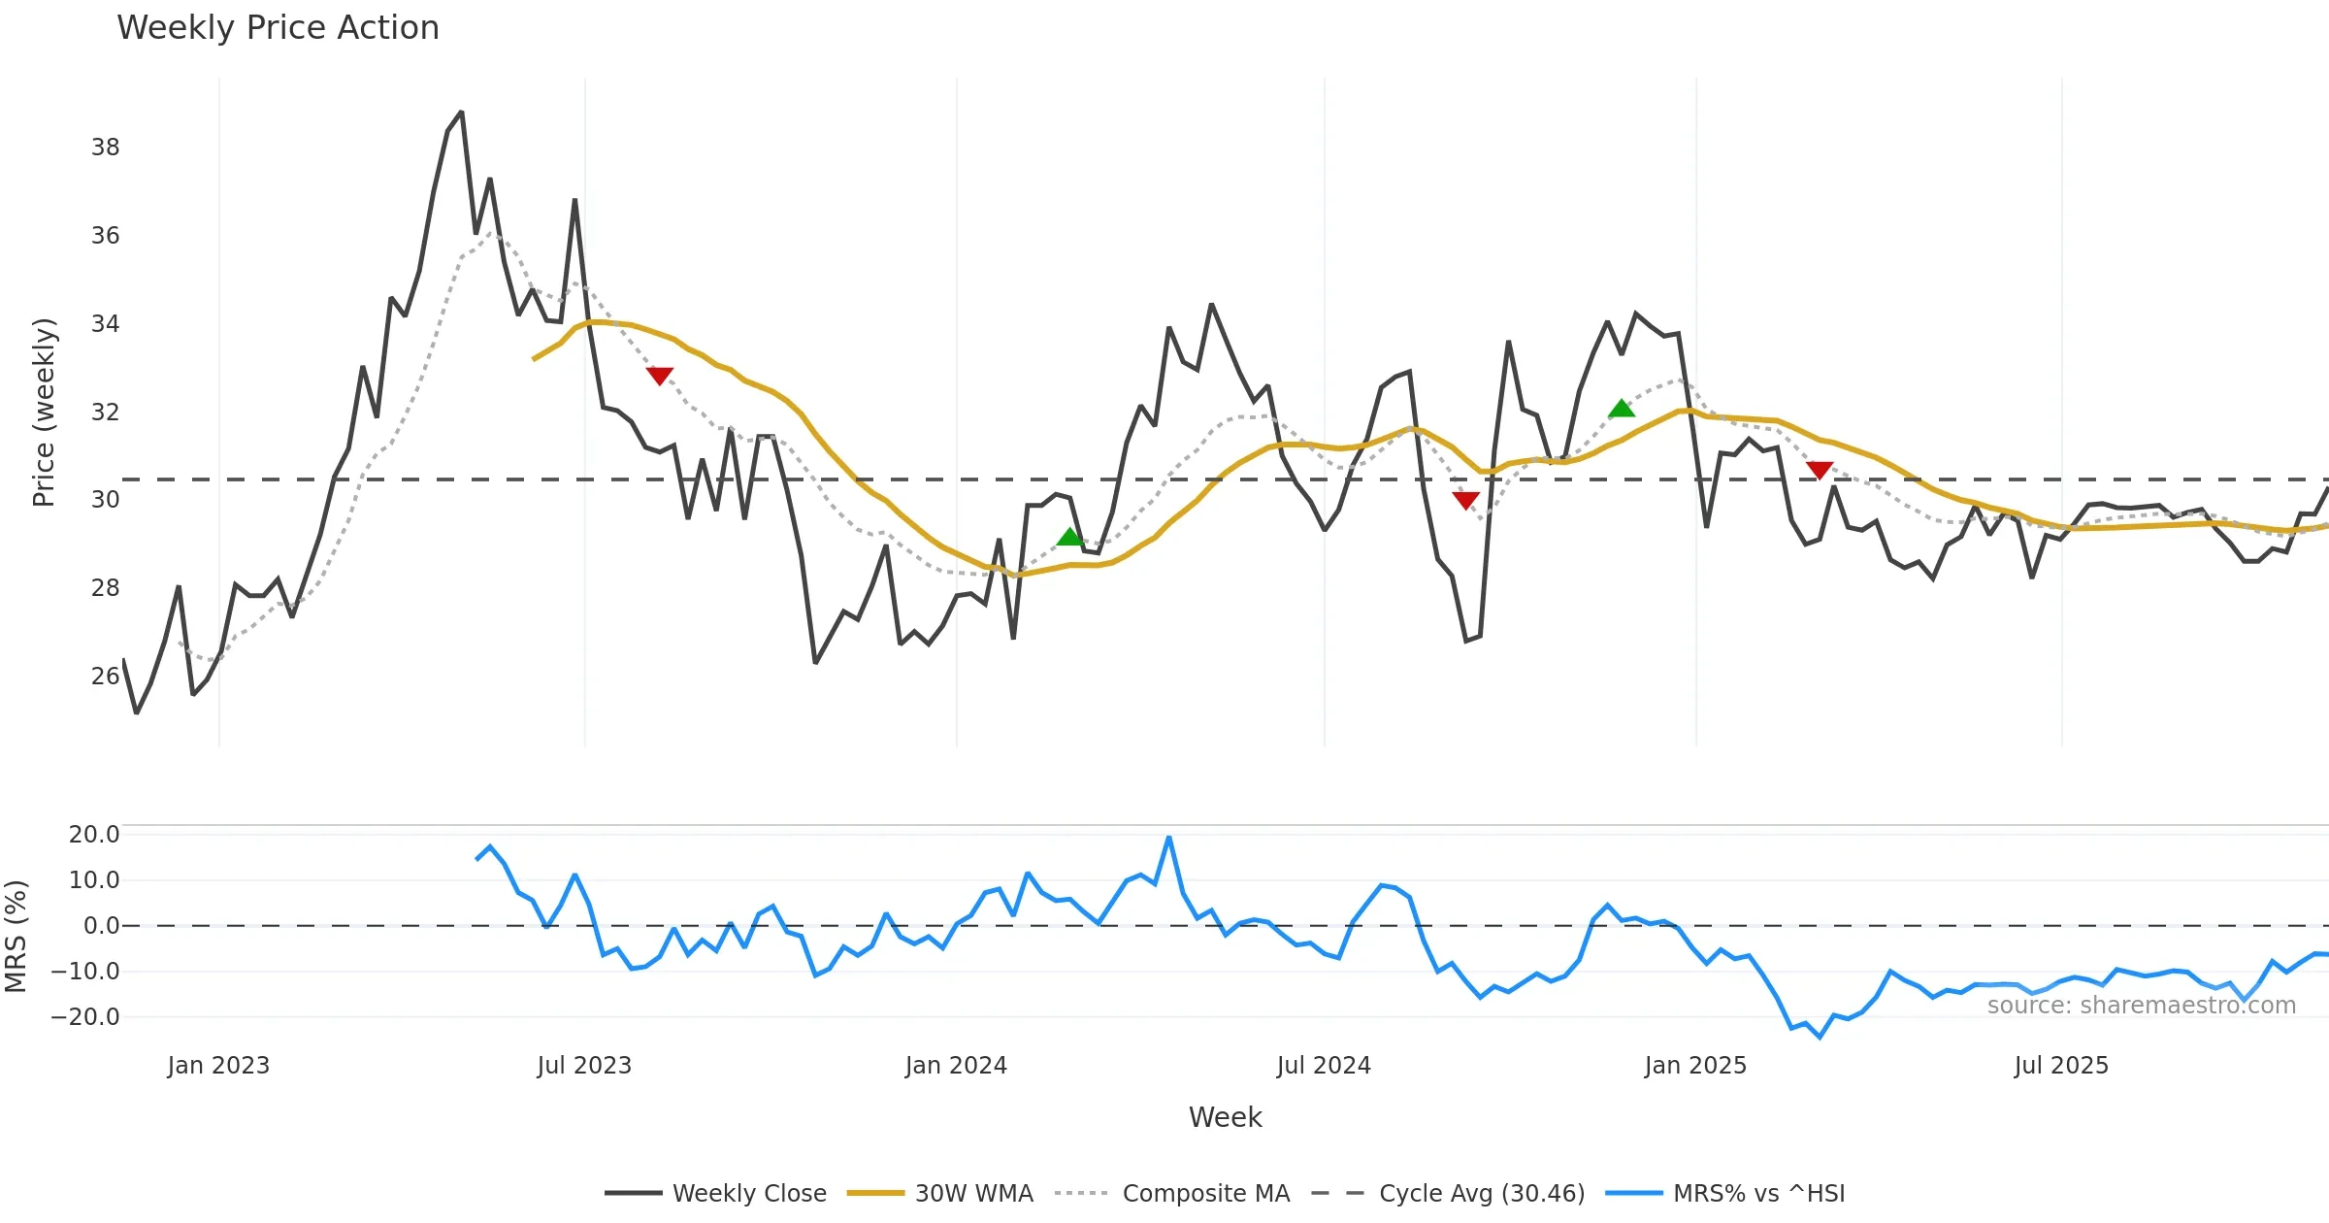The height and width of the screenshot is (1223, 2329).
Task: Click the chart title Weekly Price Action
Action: [x=278, y=28]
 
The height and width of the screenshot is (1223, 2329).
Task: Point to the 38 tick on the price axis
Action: [x=105, y=148]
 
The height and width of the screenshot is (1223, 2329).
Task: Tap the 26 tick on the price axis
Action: [x=105, y=677]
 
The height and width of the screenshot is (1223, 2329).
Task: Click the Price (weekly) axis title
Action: [x=45, y=413]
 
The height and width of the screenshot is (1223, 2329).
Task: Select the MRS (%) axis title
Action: [x=16, y=937]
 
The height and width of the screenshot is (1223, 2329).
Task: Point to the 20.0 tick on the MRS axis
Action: [x=94, y=835]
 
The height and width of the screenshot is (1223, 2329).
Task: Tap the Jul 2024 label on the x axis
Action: [x=1324, y=1066]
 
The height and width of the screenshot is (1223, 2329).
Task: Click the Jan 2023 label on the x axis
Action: [x=218, y=1066]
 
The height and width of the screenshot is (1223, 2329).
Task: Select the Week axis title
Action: [x=1225, y=1118]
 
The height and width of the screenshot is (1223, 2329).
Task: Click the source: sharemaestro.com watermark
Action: [x=2141, y=1006]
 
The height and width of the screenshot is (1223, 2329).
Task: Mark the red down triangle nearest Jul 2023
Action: [x=660, y=376]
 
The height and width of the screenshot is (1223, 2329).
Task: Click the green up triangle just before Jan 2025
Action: [x=1622, y=409]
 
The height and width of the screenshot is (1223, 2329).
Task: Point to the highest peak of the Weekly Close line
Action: [x=461, y=113]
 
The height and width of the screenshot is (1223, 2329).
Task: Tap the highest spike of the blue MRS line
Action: [x=1169, y=837]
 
